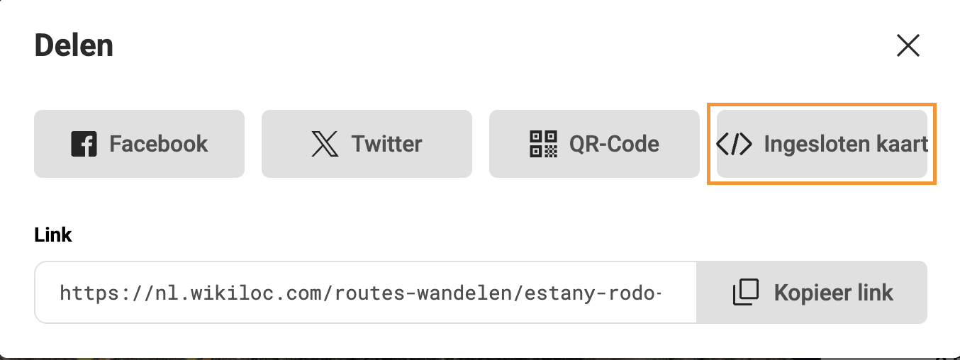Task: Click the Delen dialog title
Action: point(74,46)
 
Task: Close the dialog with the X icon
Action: point(908,45)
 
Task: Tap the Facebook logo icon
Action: point(84,144)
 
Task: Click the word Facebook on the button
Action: point(158,144)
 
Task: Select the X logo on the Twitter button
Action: point(325,144)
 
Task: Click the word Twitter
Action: point(386,144)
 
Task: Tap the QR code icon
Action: point(544,144)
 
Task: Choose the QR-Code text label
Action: point(614,144)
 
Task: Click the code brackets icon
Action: point(734,144)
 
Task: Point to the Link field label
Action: point(53,235)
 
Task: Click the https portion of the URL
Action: point(82,293)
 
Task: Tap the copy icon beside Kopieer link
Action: point(745,292)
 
